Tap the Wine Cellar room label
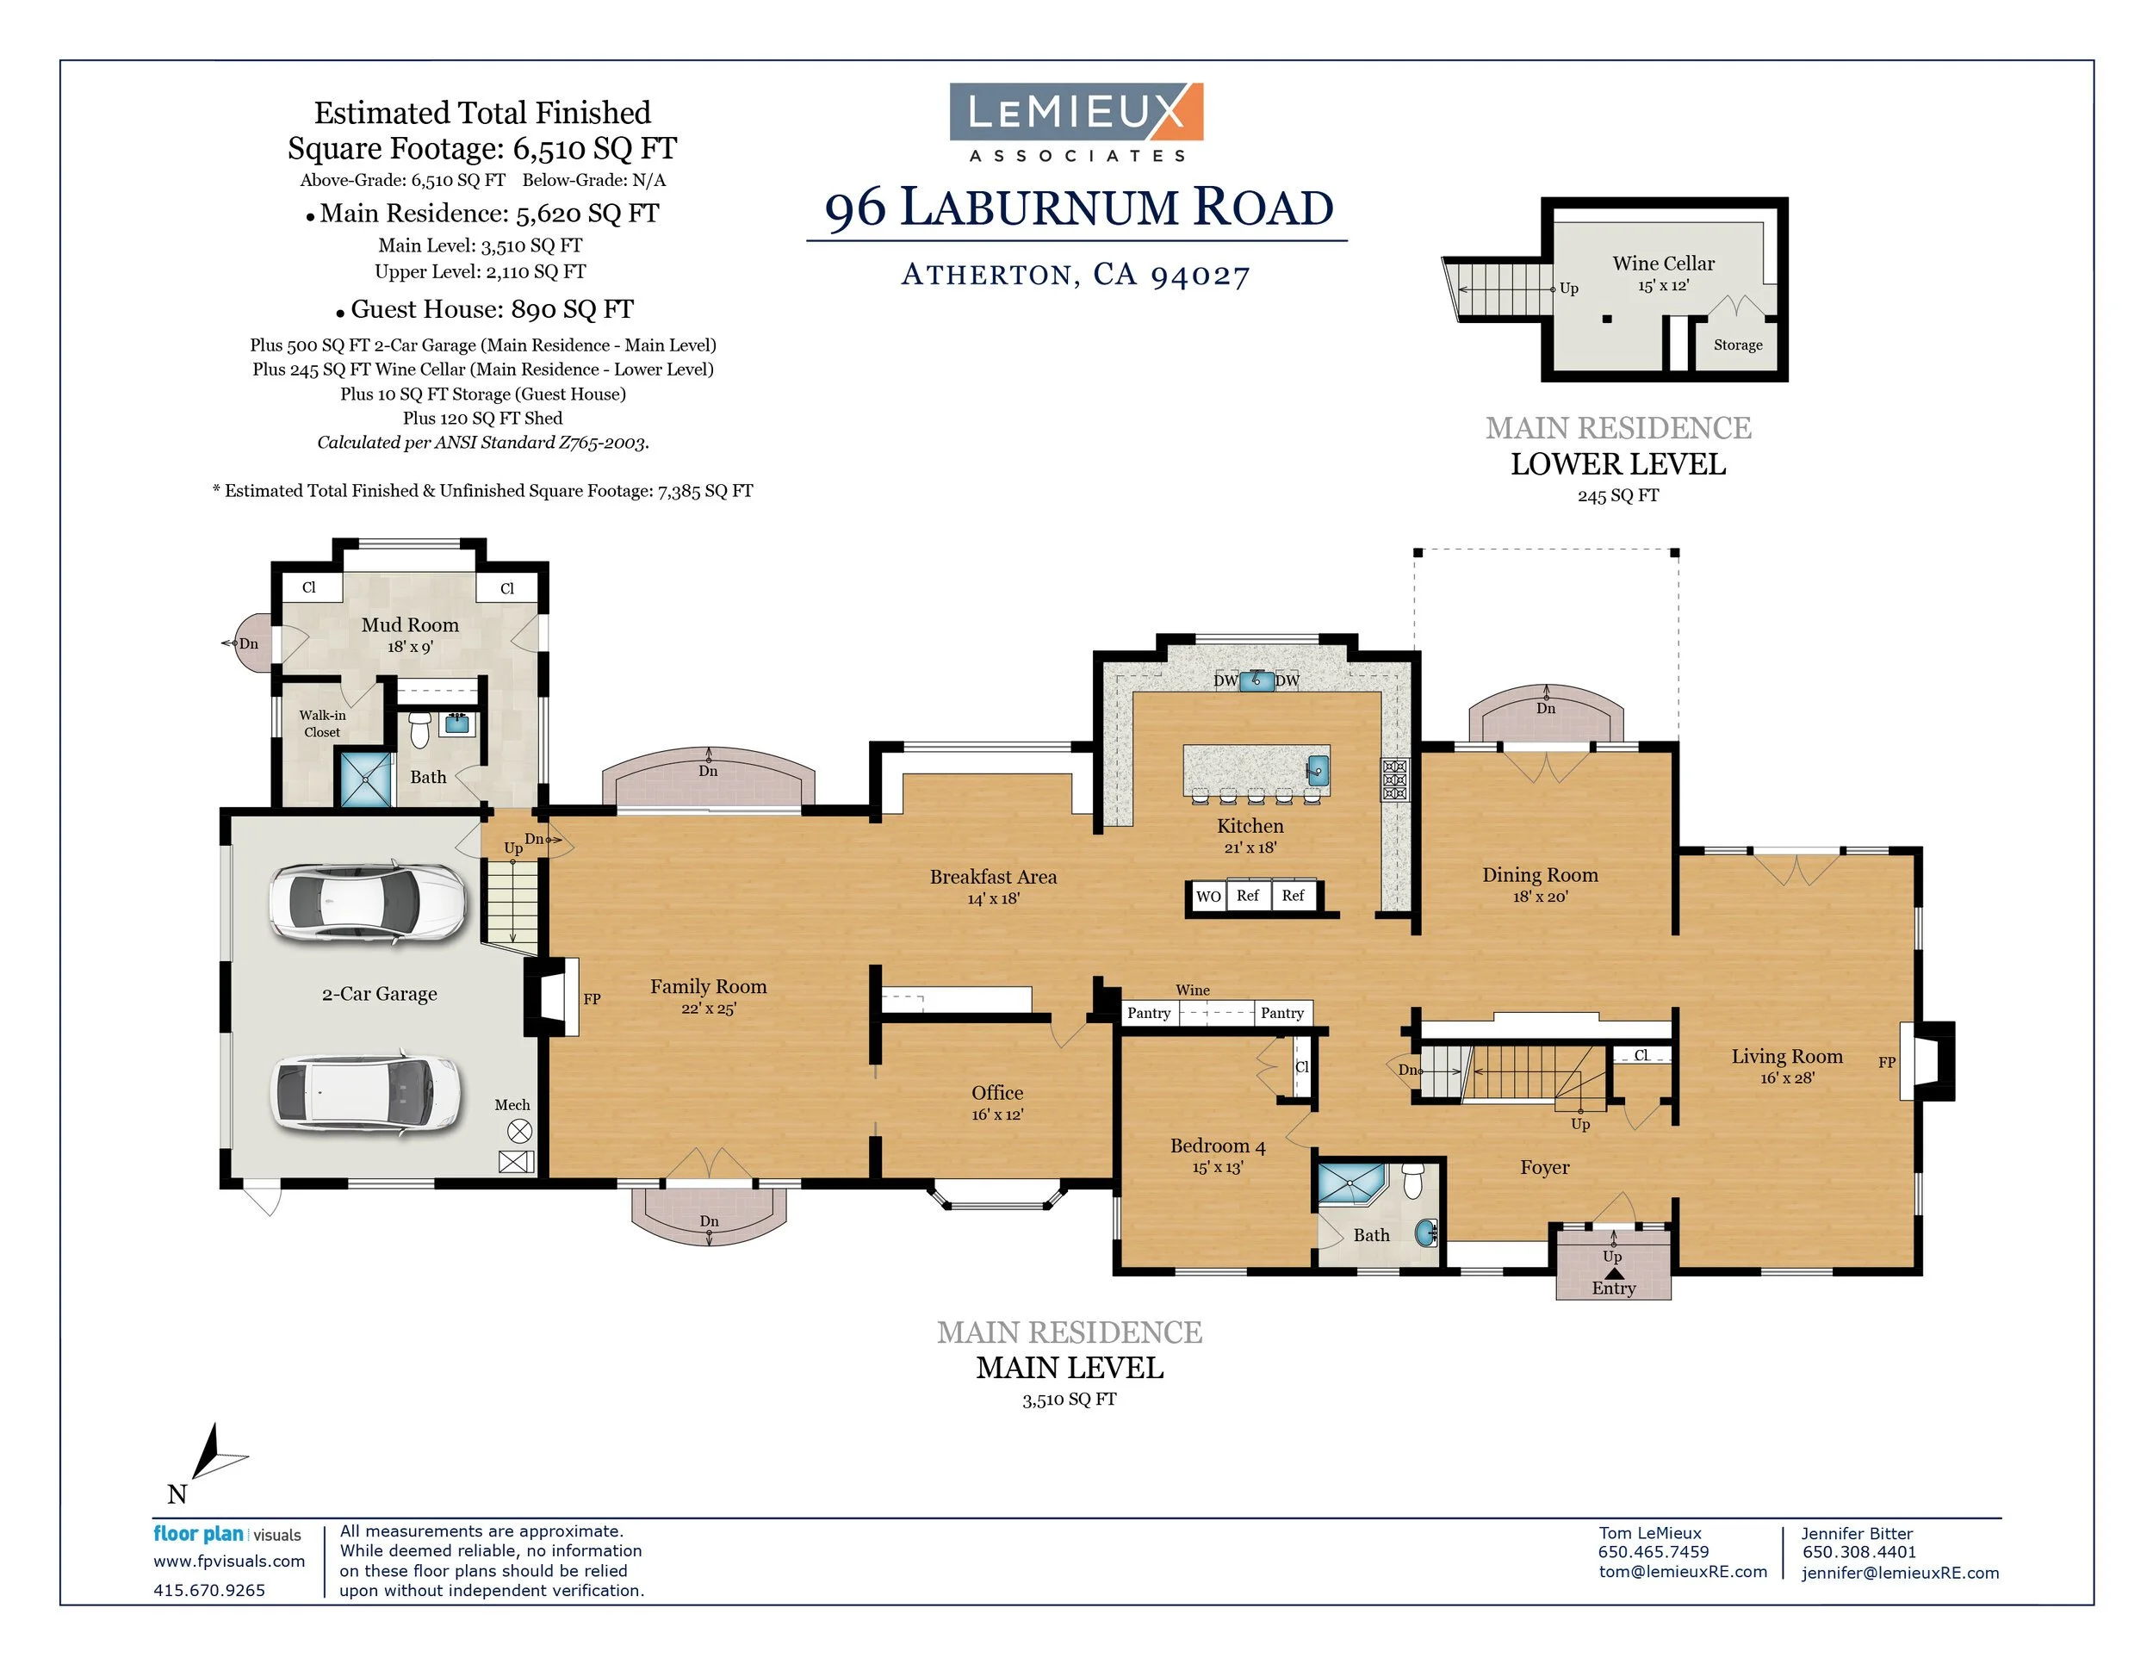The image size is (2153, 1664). [1663, 264]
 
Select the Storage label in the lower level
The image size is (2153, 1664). [1737, 345]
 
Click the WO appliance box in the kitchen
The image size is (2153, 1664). [1207, 896]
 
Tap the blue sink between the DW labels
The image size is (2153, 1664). [1256, 680]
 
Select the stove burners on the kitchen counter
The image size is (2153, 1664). [1394, 779]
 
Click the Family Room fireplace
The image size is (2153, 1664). [555, 997]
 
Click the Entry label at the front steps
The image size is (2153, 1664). [1613, 1288]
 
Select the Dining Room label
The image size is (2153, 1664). [1540, 875]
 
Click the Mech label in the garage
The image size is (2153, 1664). [512, 1105]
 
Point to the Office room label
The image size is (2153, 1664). [996, 1092]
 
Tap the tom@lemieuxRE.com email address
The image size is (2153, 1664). [1682, 1571]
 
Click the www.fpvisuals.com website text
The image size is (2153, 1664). [229, 1562]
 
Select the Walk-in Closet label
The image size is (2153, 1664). [322, 723]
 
